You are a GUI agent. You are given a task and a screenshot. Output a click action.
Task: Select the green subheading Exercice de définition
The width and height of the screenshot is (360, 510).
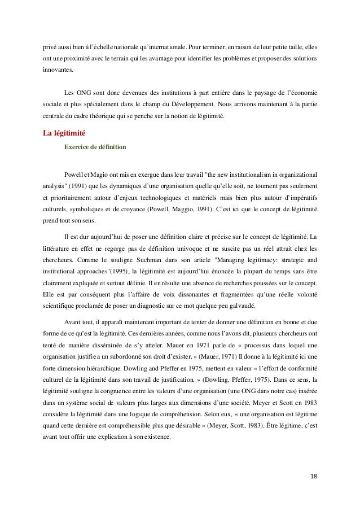point(96,147)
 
